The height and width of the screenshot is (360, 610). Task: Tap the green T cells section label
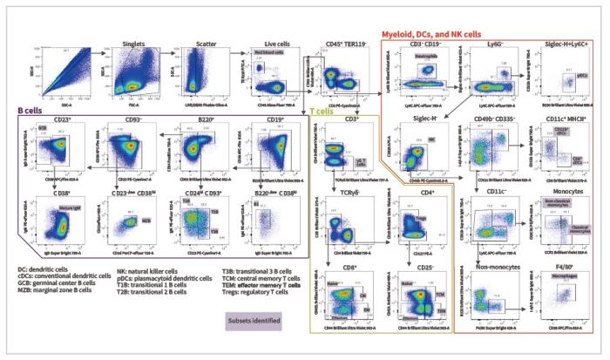coord(322,112)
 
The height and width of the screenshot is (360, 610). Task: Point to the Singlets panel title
coord(131,43)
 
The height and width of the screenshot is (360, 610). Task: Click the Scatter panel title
coord(201,43)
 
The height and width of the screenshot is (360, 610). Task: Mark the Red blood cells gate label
coord(269,53)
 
